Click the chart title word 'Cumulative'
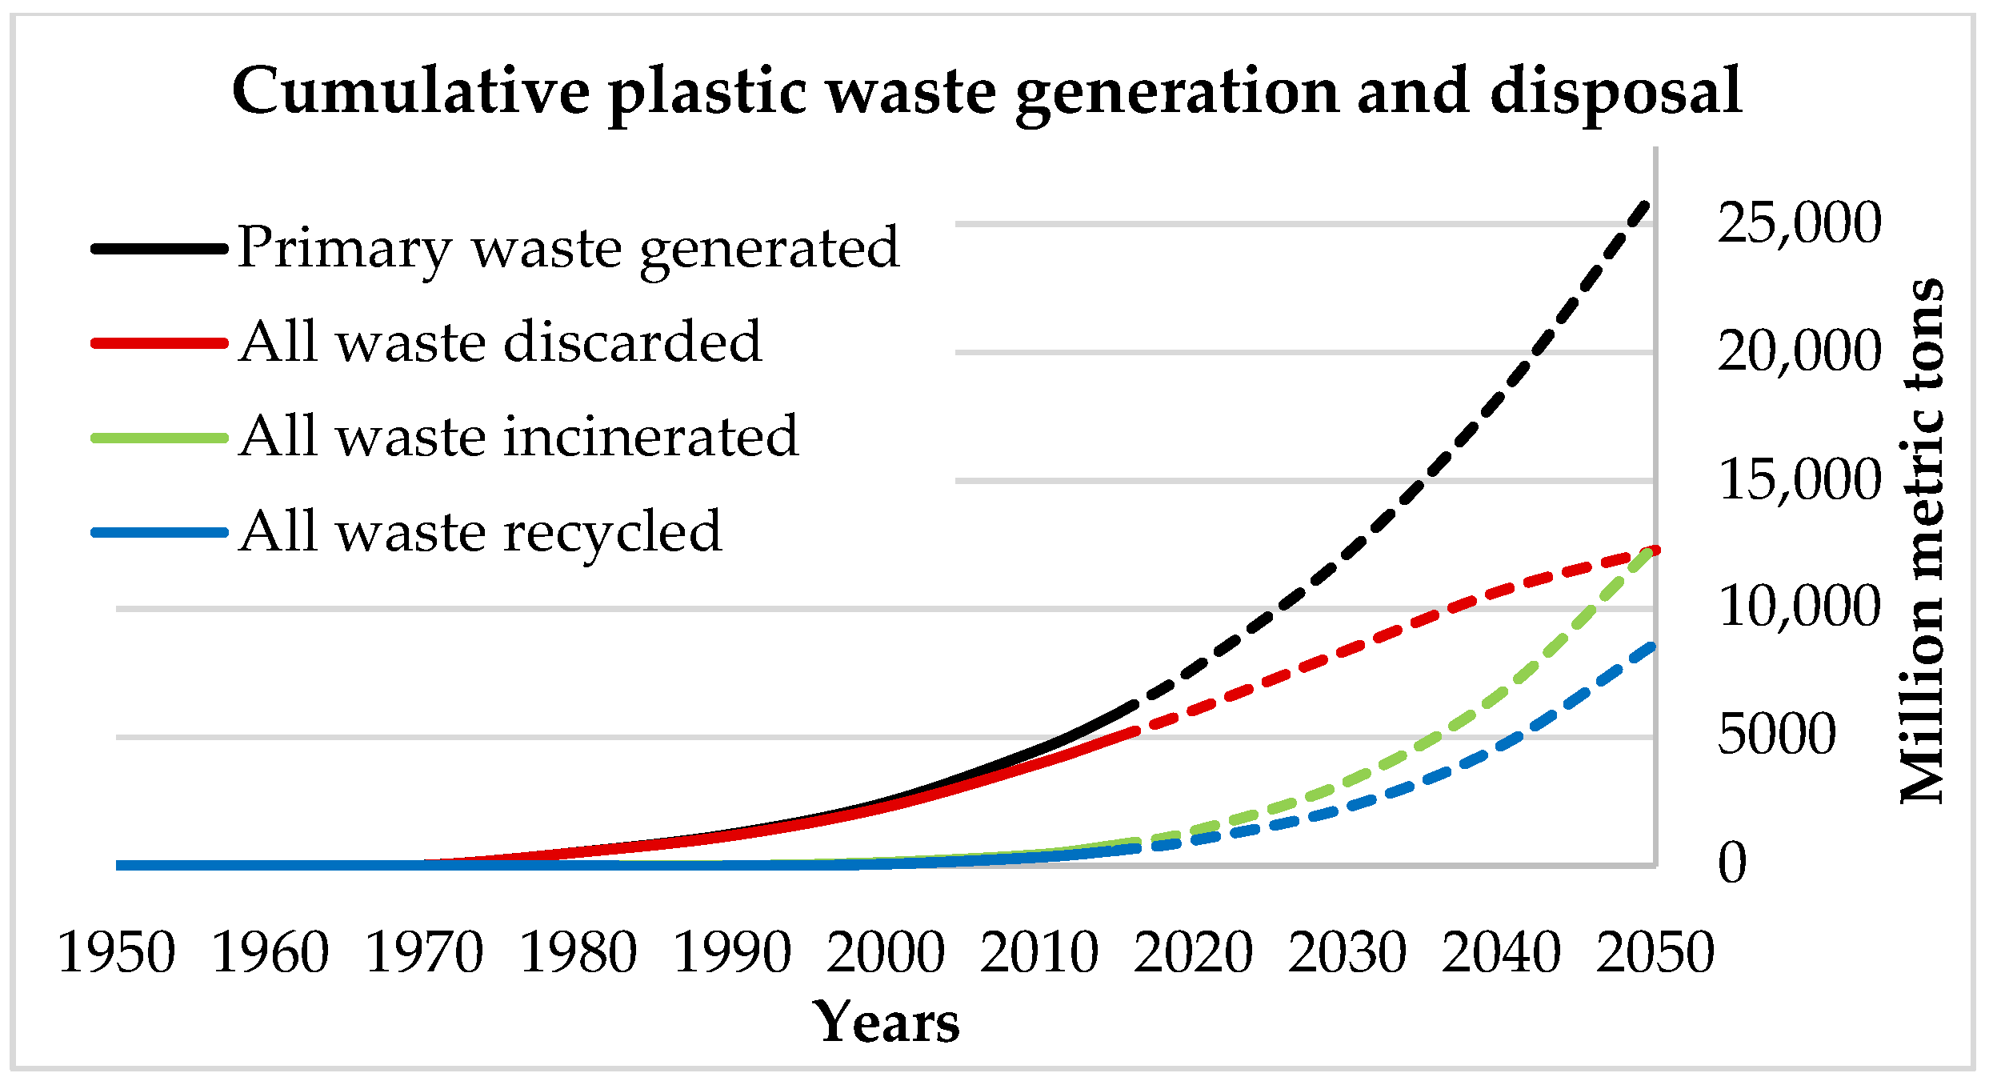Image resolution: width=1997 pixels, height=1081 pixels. point(410,91)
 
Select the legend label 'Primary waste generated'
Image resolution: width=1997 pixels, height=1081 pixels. point(569,248)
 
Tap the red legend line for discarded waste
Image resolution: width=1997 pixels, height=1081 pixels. point(160,342)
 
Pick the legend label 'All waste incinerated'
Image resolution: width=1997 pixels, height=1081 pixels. point(518,437)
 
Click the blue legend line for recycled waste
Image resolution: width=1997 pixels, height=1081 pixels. point(160,532)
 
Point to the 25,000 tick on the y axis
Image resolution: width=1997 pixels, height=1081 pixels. point(1799,223)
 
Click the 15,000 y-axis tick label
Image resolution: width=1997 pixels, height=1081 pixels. point(1799,480)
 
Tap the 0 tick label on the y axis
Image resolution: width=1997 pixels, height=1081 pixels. point(1732,863)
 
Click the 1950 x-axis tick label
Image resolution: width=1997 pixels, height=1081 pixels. point(117,952)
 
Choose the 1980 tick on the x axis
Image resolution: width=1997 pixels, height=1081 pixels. point(578,952)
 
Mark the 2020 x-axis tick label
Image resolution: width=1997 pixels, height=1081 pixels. point(1193,952)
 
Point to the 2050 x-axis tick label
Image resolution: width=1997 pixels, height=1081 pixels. point(1655,952)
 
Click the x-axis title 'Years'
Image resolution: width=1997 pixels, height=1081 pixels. point(886,1023)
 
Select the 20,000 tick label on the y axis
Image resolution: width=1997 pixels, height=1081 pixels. point(1799,351)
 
